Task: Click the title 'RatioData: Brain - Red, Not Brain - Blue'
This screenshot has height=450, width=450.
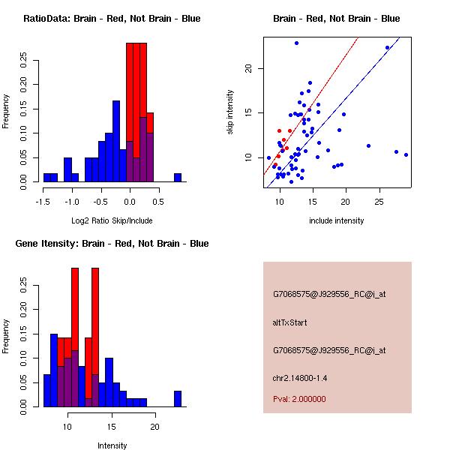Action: pyautogui.click(x=112, y=19)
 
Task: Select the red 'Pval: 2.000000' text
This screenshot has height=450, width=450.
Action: pyautogui.click(x=299, y=399)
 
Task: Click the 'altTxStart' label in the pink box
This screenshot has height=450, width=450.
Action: pyautogui.click(x=290, y=322)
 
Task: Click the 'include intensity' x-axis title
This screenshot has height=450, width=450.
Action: pyautogui.click(x=337, y=221)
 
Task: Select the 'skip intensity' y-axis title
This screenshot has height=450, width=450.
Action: pyautogui.click(x=230, y=112)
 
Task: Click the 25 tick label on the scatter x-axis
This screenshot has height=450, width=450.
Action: pyautogui.click(x=379, y=201)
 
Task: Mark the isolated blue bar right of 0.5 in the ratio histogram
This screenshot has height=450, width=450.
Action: pyautogui.click(x=178, y=178)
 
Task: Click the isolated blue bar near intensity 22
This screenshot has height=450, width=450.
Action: pyautogui.click(x=178, y=398)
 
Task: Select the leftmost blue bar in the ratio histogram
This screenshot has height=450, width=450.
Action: pyautogui.click(x=46, y=178)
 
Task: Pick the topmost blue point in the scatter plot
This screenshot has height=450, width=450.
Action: pyautogui.click(x=296, y=43)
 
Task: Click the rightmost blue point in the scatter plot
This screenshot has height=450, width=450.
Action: pyautogui.click(x=406, y=154)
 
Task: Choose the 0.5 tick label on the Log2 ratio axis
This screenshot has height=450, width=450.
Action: pyautogui.click(x=156, y=201)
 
